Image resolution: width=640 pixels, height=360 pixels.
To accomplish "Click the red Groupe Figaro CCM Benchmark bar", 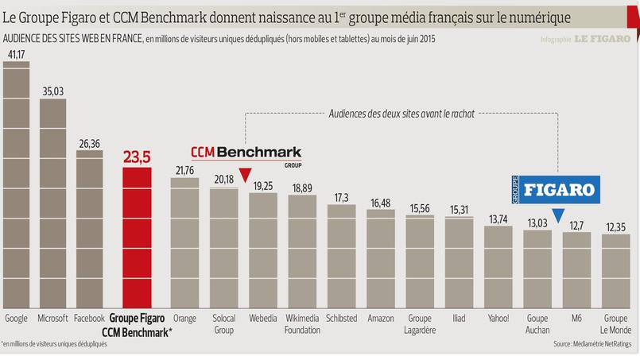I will point(136,238).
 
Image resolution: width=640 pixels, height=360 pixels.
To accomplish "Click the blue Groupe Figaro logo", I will point(554,191).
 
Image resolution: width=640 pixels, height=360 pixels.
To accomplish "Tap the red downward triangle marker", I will point(245,176).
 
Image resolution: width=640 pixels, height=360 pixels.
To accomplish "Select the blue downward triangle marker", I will point(558,215).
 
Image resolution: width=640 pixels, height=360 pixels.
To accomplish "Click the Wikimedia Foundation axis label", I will point(302,323).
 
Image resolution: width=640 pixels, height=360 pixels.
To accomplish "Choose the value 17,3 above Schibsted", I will point(341,197).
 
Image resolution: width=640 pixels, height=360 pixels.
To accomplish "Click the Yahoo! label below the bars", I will point(498,318).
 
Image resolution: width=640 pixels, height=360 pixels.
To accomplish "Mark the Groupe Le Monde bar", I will point(615,271).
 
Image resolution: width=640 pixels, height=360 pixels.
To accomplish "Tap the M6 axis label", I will point(576,318).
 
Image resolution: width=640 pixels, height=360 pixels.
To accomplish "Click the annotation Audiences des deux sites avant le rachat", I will point(401,114).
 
